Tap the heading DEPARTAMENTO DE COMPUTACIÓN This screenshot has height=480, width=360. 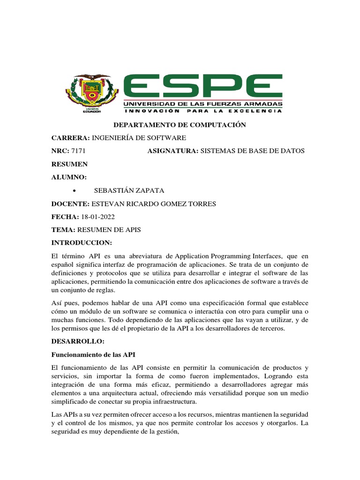180,125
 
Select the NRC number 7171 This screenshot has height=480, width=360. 78,150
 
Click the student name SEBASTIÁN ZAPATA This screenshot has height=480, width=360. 122,190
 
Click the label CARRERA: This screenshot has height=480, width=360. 70,138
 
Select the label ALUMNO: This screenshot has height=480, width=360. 69,177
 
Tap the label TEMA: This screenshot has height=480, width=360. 63,230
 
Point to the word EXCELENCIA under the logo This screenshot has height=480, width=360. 257,111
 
